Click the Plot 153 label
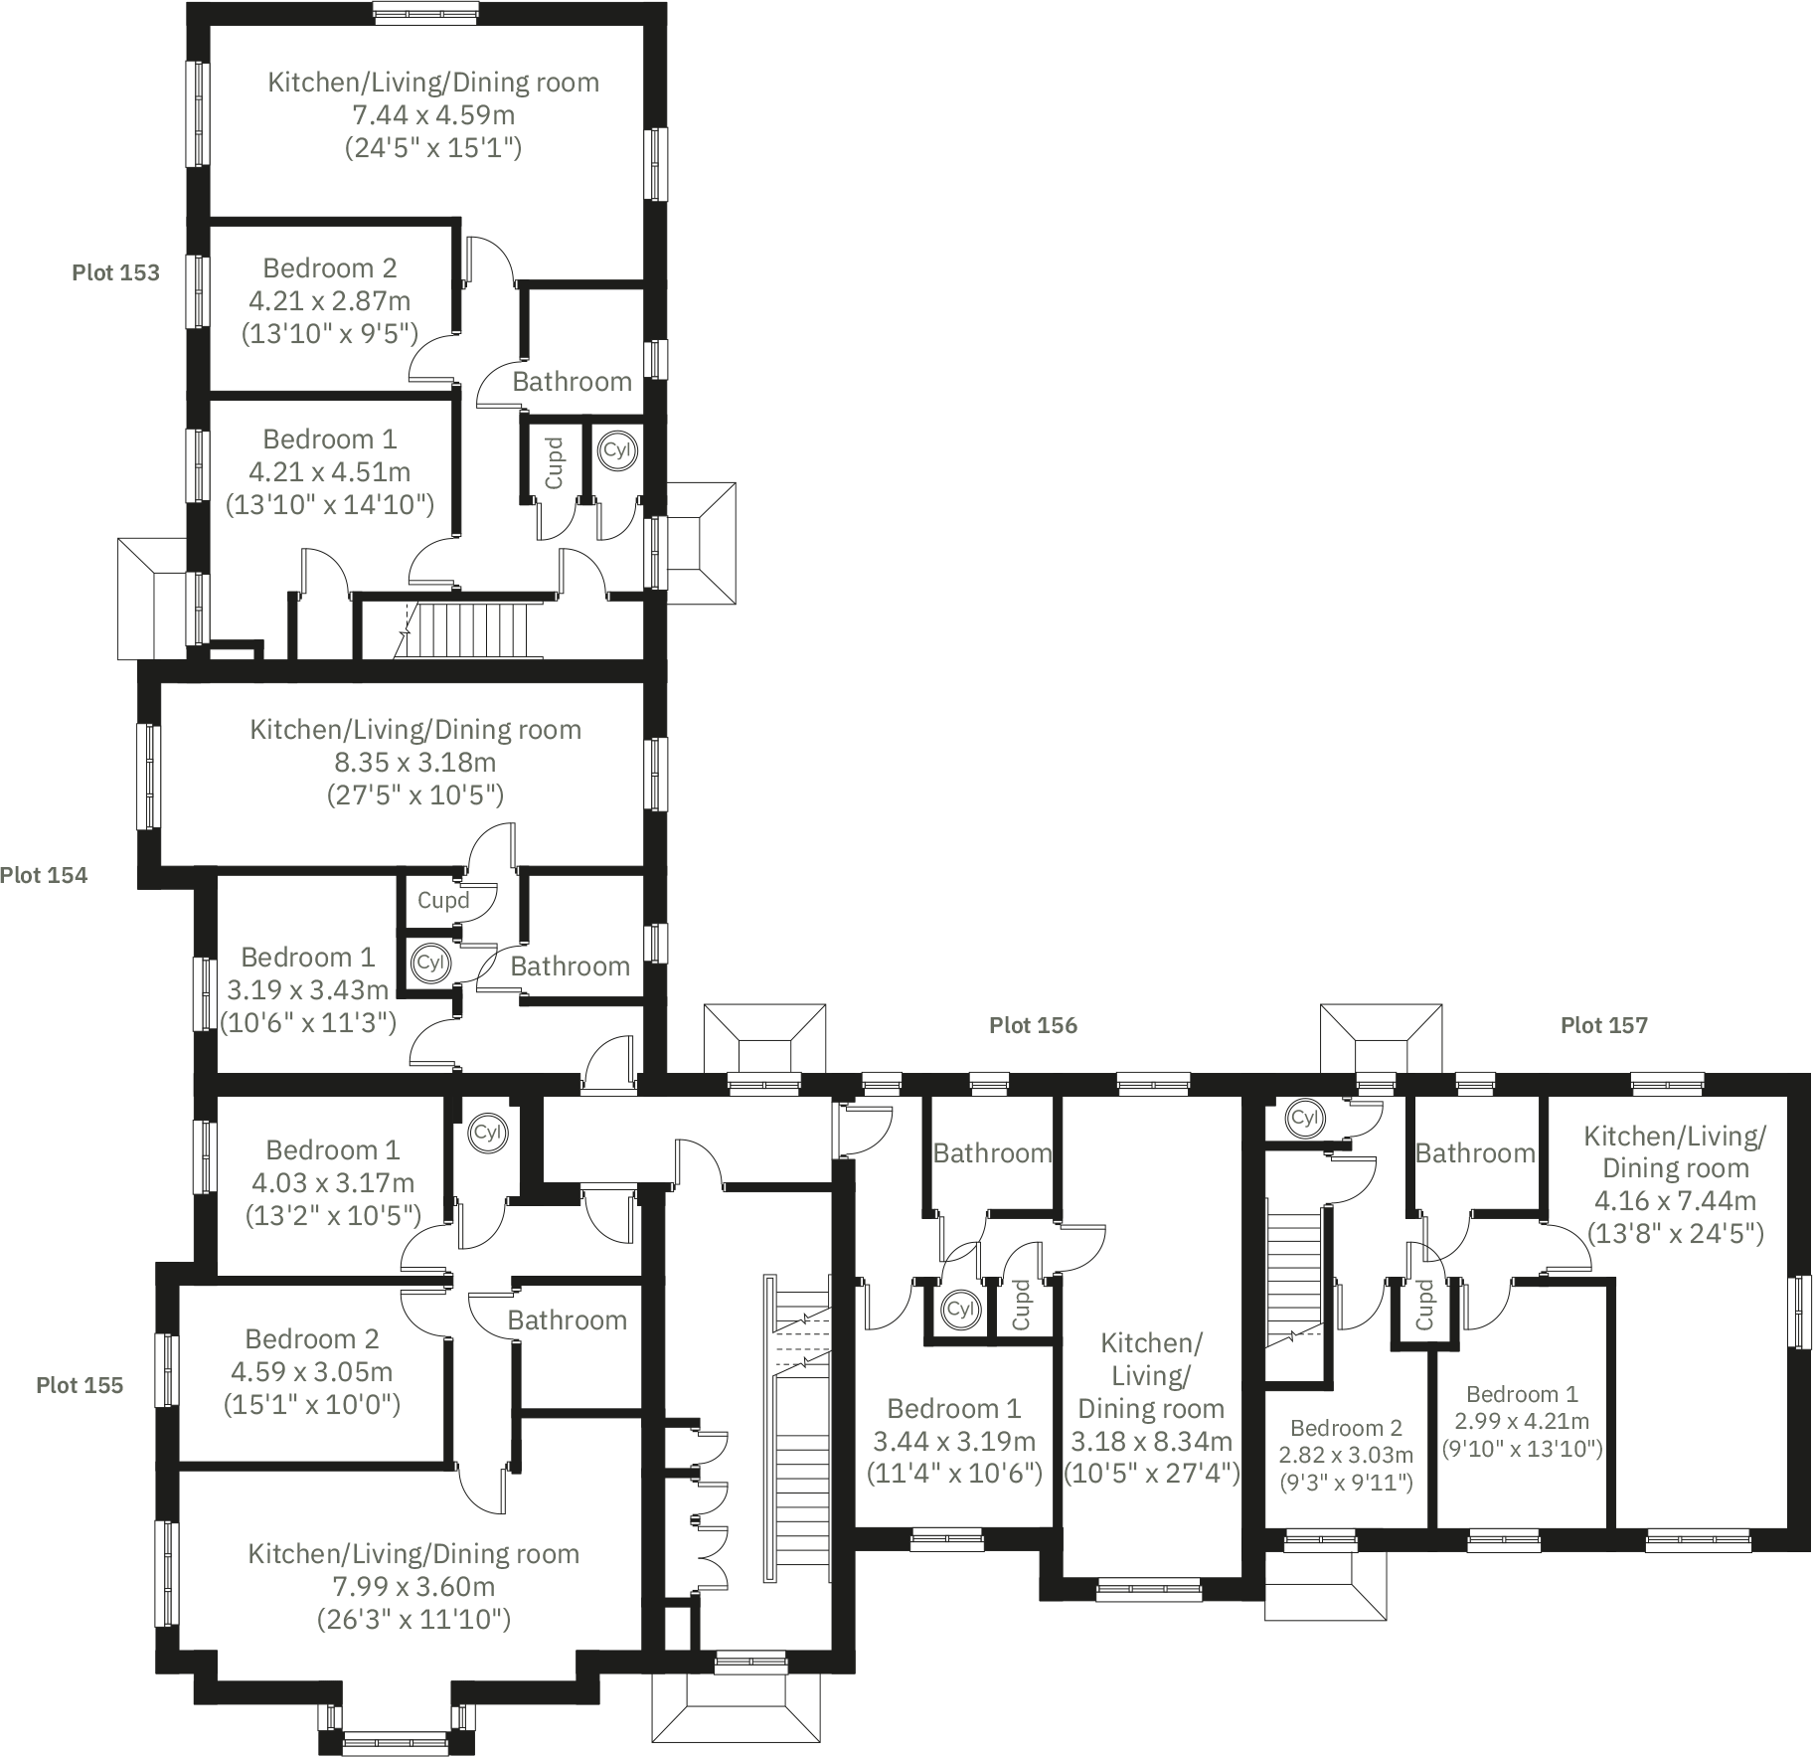coord(115,272)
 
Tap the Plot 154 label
coord(44,875)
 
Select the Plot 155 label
coord(80,1385)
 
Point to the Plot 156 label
coord(1033,1025)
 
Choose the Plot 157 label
coord(1603,1025)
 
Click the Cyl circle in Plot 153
coord(616,449)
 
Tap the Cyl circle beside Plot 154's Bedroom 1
coord(429,963)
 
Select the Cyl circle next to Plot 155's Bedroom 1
coord(488,1133)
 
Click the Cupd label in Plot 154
coord(442,901)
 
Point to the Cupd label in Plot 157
coord(1424,1305)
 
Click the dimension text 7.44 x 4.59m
coord(433,115)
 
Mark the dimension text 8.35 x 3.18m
coord(415,763)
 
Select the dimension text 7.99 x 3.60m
coord(413,1587)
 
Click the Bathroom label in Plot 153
coord(572,382)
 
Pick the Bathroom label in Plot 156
coord(991,1153)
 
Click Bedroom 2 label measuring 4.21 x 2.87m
coord(329,268)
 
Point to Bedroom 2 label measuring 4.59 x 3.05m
coord(311,1339)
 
